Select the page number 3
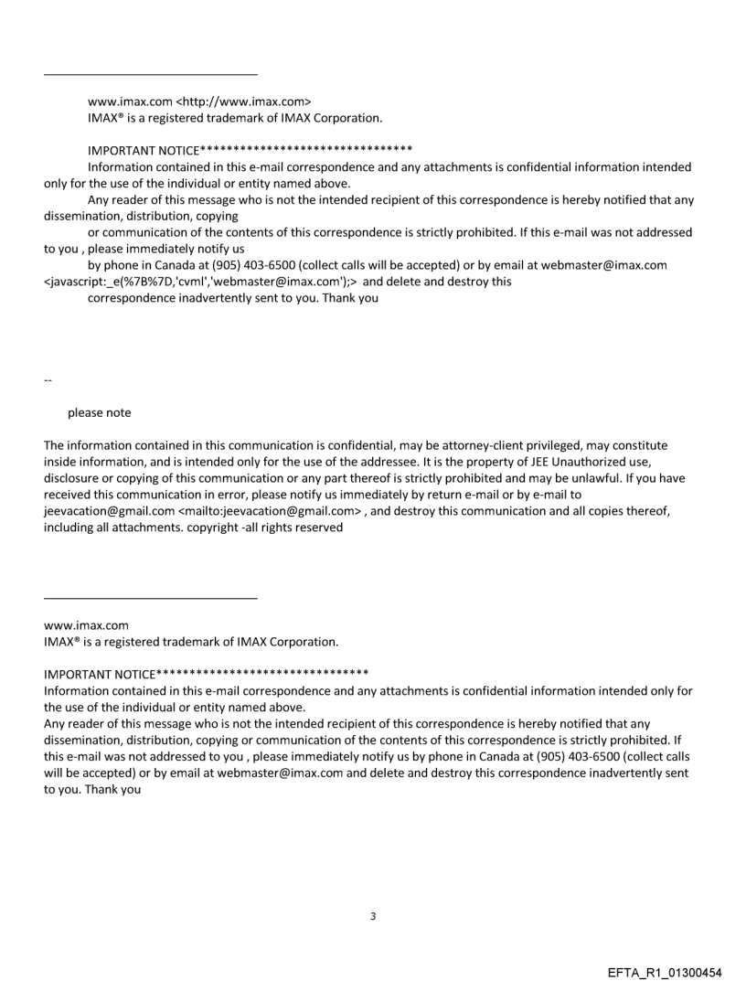(373, 915)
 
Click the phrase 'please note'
(99, 412)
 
